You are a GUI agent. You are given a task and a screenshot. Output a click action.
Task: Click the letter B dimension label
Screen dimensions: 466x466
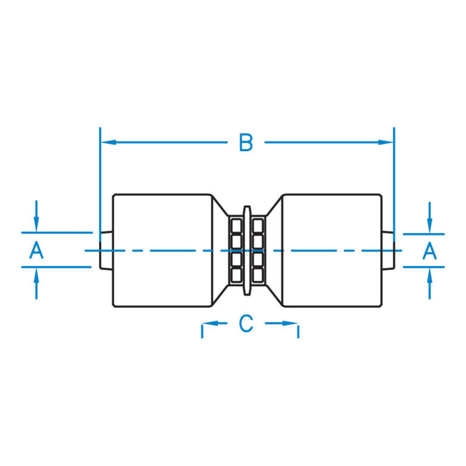tap(246, 143)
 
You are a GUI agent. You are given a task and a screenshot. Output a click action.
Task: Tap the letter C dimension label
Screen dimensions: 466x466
tap(246, 323)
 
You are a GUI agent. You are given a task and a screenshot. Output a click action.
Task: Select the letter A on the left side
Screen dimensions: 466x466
tap(36, 250)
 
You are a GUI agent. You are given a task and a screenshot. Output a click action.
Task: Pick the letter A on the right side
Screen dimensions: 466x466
tap(430, 250)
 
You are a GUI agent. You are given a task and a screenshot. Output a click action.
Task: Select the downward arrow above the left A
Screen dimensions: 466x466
tap(36, 225)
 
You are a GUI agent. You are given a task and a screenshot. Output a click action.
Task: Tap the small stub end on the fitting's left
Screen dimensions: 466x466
tap(106, 250)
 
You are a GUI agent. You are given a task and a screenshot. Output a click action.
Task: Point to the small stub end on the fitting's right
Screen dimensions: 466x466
tap(388, 250)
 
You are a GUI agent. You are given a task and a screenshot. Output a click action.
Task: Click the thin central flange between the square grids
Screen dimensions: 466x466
tap(246, 250)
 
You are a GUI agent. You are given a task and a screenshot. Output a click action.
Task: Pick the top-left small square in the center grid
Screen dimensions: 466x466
tap(235, 226)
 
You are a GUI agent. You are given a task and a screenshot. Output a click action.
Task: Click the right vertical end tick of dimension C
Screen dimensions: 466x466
tap(298, 331)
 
